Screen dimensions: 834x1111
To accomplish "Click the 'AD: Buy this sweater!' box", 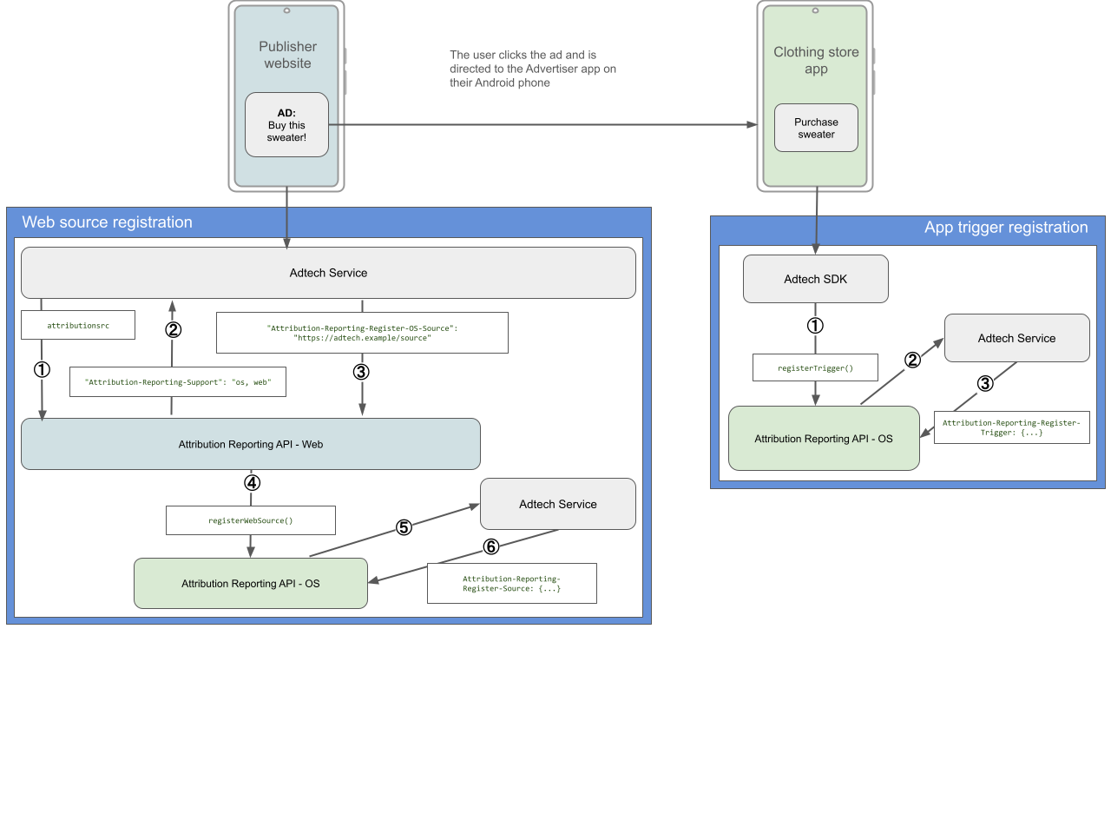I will click(286, 125).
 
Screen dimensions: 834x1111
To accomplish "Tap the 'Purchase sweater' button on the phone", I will click(816, 129).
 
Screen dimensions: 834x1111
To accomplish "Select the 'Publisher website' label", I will click(287, 55).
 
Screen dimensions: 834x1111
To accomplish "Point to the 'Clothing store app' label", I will click(816, 60).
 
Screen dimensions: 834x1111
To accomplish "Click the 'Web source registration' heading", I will click(108, 222).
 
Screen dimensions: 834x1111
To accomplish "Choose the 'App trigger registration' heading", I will click(1005, 228).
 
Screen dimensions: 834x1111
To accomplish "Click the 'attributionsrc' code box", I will click(78, 325).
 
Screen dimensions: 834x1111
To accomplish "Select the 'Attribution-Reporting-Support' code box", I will click(177, 382).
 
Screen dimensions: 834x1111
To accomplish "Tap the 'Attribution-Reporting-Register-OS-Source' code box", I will click(362, 333).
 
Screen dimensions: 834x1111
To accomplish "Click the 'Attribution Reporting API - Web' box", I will click(250, 444).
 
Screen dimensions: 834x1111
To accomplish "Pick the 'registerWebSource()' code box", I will click(250, 520).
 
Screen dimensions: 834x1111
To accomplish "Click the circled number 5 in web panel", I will click(404, 527).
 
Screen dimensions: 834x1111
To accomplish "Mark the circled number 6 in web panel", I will click(491, 546).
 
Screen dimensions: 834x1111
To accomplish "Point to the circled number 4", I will click(252, 483).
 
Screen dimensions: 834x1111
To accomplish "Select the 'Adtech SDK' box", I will click(815, 279).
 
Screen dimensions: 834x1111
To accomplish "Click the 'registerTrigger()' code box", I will click(815, 367).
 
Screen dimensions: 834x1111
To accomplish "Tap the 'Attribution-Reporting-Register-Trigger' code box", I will click(1011, 427).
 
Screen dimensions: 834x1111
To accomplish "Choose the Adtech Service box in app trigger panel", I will click(1016, 338).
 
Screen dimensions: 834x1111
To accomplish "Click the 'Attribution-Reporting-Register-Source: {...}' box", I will click(511, 583).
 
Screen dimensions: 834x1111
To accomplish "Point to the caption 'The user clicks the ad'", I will click(532, 69).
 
